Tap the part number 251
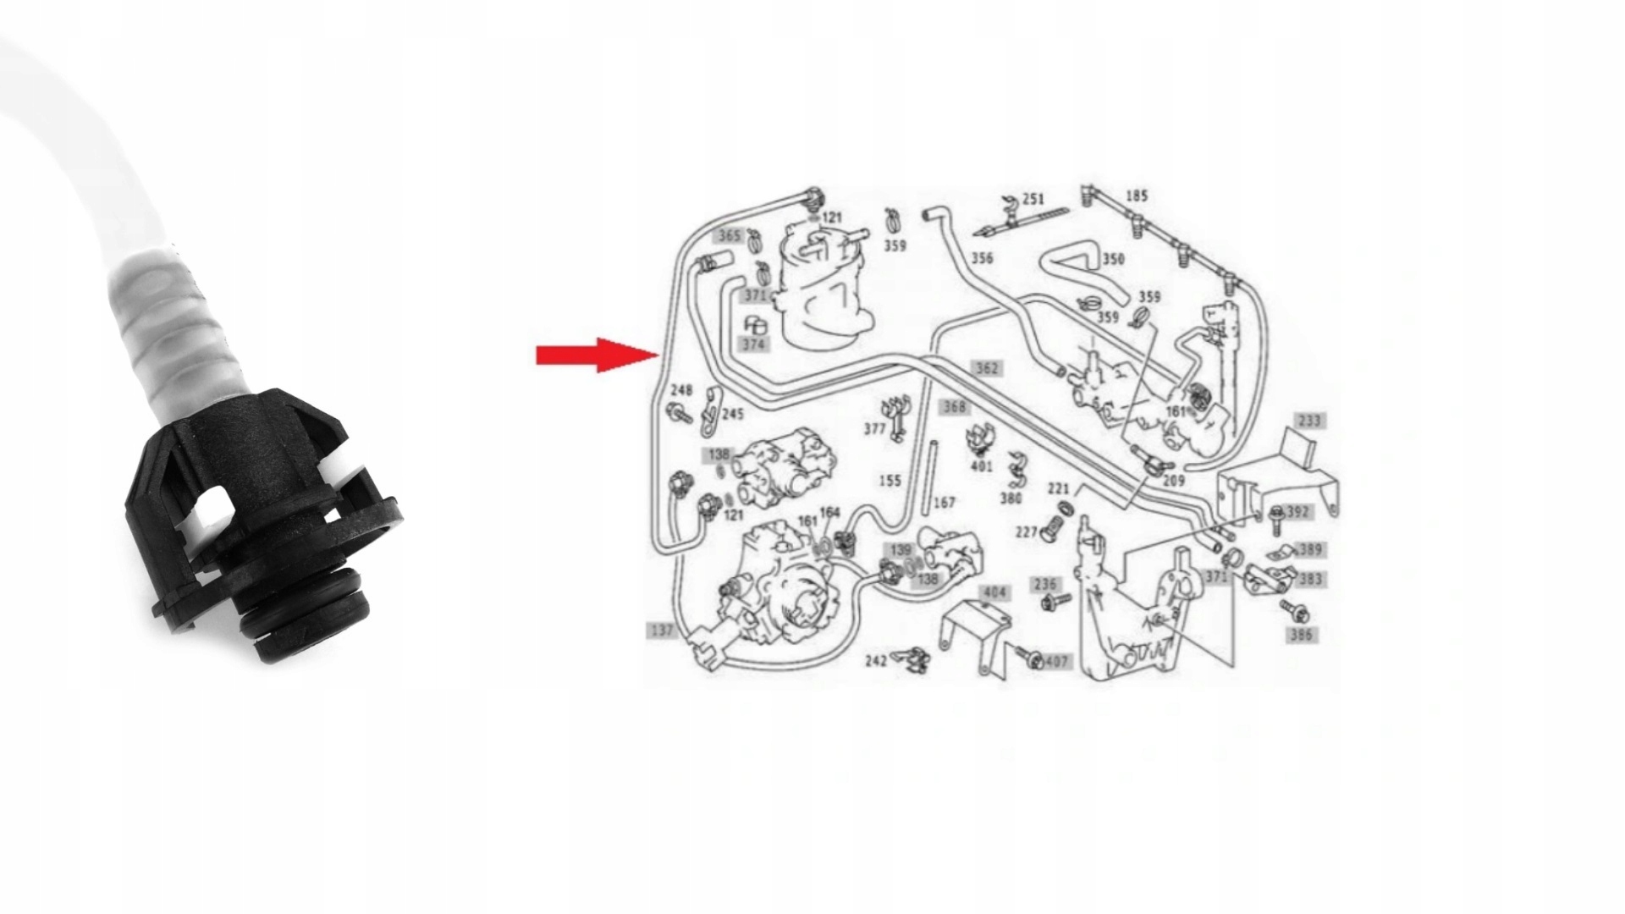(1033, 200)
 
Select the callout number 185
(1137, 196)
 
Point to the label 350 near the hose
(1113, 259)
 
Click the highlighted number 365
(729, 236)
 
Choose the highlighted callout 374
(753, 344)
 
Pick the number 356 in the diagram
(982, 258)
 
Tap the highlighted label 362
(987, 368)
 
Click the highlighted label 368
(954, 407)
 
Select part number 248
(681, 390)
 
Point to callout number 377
(874, 429)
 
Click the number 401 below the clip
(981, 466)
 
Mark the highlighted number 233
(1308, 421)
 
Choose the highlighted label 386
(1301, 635)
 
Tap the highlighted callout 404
(993, 592)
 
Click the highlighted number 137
(661, 630)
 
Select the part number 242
(875, 660)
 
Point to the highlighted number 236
(1045, 585)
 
